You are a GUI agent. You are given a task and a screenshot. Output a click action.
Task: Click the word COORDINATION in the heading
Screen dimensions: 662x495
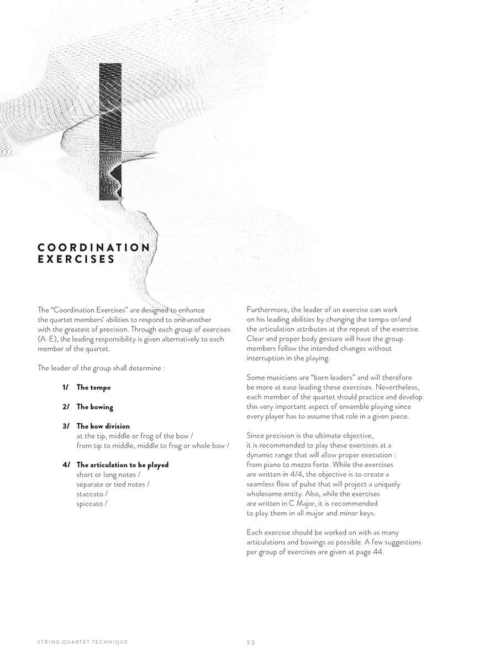point(93,247)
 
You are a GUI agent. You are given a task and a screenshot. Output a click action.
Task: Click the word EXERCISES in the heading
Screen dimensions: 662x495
point(76,259)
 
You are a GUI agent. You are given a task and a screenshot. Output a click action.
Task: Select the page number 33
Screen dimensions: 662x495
point(251,642)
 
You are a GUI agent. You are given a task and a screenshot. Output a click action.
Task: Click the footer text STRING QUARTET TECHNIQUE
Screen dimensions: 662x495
point(82,642)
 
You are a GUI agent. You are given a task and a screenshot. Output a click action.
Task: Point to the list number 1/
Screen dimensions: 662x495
point(66,387)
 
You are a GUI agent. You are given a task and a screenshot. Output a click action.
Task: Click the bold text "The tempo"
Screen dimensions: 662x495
point(93,387)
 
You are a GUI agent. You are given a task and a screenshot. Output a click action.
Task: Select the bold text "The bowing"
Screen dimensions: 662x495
point(94,407)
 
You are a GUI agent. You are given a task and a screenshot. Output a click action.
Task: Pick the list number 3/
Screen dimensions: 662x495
point(66,426)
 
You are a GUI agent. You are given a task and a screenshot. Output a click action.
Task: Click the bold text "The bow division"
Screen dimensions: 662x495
point(103,426)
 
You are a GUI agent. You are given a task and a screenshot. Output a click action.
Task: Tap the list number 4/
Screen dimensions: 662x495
point(66,465)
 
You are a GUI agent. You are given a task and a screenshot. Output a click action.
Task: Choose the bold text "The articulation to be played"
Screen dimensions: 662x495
point(122,465)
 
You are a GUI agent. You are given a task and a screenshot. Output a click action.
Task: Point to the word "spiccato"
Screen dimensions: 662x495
point(89,504)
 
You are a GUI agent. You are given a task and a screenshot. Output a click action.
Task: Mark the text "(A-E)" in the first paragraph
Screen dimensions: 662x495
point(48,339)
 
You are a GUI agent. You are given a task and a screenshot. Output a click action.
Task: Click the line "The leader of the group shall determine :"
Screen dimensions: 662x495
point(101,368)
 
